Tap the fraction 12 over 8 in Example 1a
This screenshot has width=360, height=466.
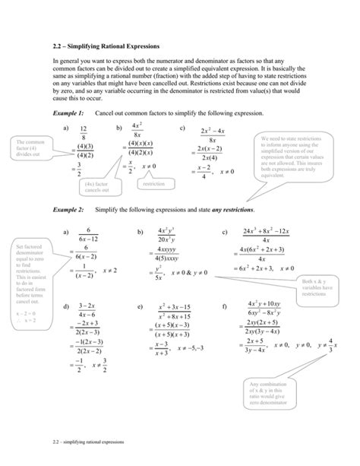[84, 134]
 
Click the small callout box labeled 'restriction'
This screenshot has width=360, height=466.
[153, 184]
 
